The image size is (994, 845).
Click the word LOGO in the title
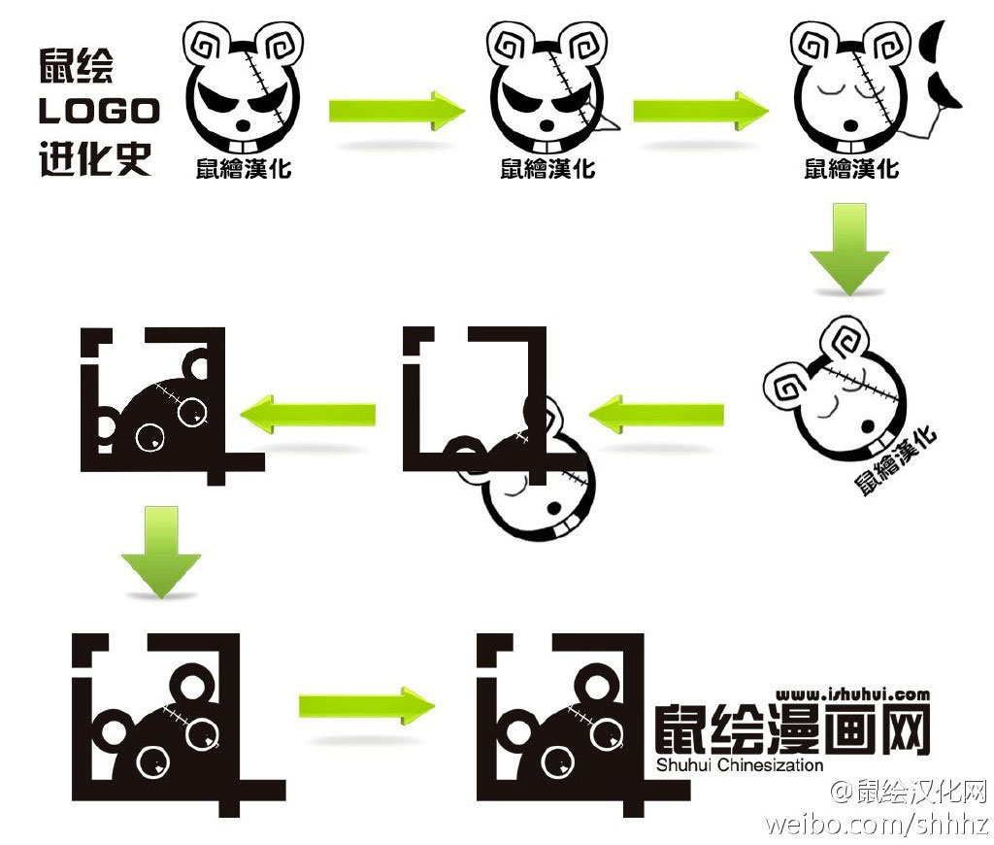pos(98,111)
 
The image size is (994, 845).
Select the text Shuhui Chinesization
pos(739,765)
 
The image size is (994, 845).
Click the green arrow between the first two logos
pos(396,110)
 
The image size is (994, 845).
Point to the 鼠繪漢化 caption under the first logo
pos(243,169)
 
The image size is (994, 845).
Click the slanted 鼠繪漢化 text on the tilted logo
pos(895,460)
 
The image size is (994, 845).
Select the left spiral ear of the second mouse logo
pos(511,43)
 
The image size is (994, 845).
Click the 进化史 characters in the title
pos(95,157)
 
